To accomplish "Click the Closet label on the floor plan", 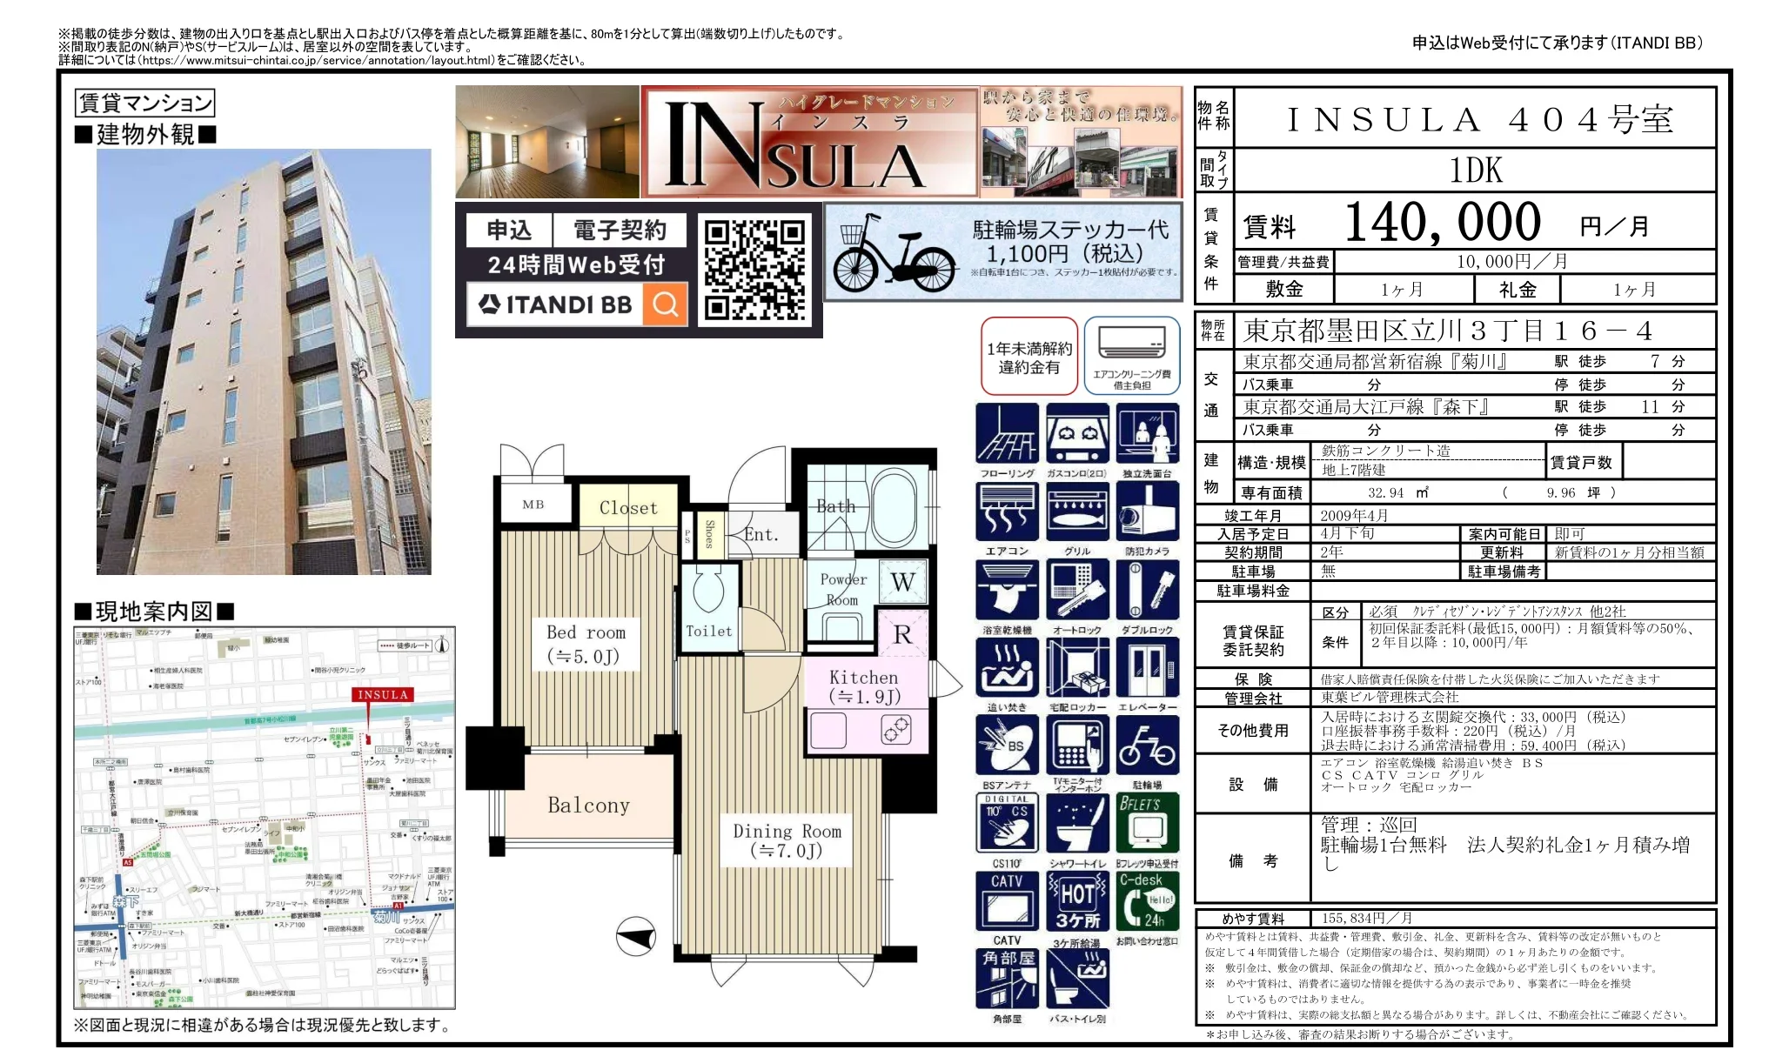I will (x=628, y=508).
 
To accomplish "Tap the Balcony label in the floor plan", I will (x=588, y=806).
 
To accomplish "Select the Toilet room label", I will (x=708, y=632).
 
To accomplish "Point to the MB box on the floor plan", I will (x=533, y=505).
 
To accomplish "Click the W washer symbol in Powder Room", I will (x=902, y=582).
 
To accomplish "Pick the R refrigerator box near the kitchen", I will (x=902, y=635).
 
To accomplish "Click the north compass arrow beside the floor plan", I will (x=636, y=938).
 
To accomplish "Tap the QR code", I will (x=754, y=270).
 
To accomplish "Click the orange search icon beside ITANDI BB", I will (x=666, y=304).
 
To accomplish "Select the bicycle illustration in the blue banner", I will (x=894, y=255).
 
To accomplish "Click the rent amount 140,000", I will (x=1442, y=224).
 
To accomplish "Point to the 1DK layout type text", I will (x=1475, y=171).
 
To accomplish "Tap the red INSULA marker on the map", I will (x=383, y=694).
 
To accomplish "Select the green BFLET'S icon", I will (x=1147, y=823).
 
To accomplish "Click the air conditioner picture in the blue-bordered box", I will (x=1131, y=344).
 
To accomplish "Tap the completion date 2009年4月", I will (x=1354, y=516).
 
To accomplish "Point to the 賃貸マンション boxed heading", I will (x=145, y=104).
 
